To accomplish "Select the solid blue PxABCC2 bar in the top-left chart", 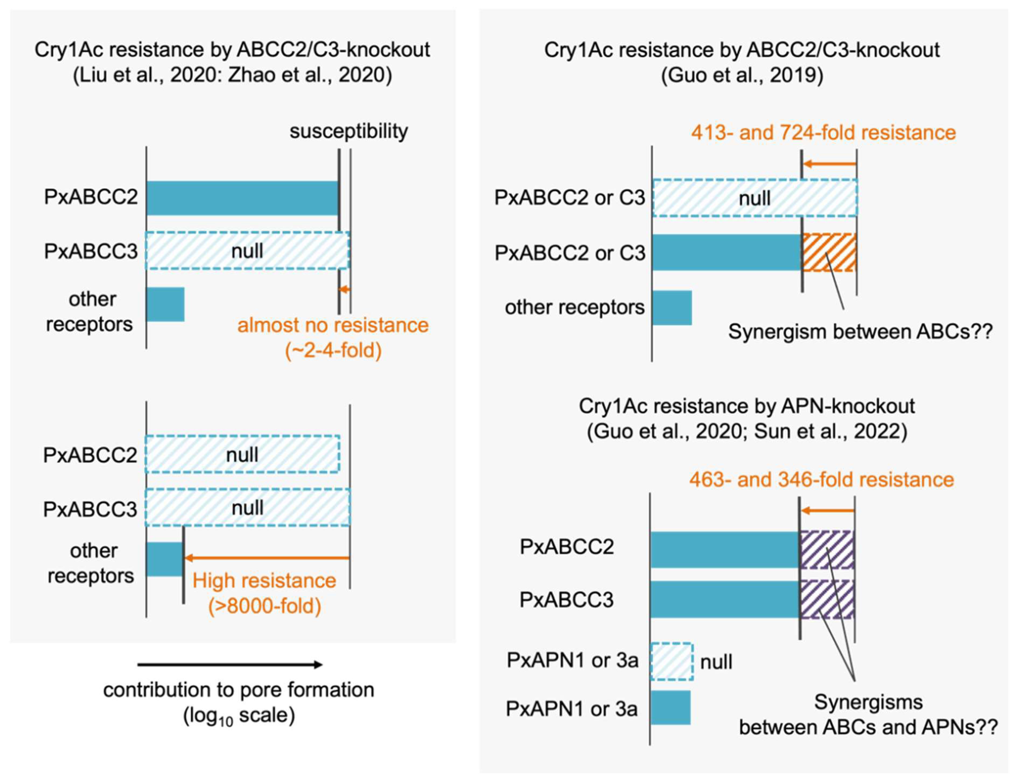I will pos(242,198).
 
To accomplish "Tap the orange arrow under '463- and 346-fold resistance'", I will pos(827,511).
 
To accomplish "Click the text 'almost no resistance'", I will pos(333,325).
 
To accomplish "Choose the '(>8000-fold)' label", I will pos(264,606).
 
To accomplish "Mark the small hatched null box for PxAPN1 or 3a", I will pos(671,662).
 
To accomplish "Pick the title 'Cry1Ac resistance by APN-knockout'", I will pos(746,406).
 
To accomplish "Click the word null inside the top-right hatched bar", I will pos(754,199).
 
